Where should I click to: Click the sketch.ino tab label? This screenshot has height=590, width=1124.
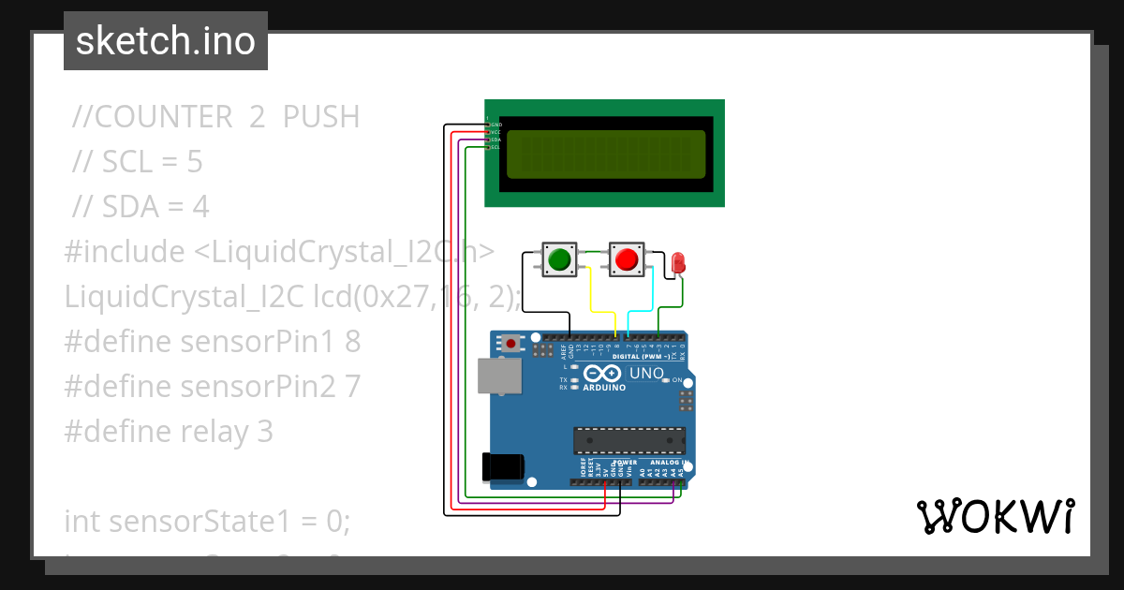coord(165,41)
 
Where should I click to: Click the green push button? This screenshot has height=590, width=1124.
coord(560,258)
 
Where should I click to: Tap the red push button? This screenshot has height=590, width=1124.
coord(627,258)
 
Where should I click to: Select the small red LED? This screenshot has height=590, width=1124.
coord(677,262)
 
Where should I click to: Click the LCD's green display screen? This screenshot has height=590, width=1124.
coord(605,155)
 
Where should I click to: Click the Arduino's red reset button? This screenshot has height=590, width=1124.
coord(510,344)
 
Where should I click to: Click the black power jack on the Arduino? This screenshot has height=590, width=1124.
coord(500,466)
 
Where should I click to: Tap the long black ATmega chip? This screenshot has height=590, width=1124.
coord(629,438)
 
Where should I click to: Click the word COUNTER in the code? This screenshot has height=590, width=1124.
coord(164,117)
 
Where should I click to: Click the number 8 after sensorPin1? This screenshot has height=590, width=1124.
coord(352,342)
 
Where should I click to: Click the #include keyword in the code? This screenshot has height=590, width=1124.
coord(125,252)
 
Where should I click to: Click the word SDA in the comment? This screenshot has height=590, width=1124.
coord(128,207)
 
